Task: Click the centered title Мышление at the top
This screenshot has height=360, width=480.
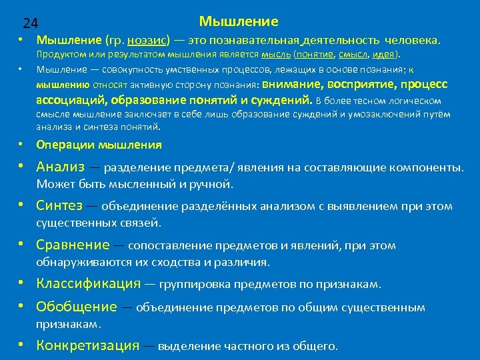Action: click(239, 21)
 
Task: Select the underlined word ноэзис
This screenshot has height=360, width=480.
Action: click(145, 41)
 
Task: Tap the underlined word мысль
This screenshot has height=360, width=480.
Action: click(275, 55)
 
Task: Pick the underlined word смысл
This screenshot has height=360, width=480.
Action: click(353, 55)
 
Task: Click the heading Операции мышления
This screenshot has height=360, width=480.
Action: click(99, 145)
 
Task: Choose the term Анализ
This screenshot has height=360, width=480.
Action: click(61, 166)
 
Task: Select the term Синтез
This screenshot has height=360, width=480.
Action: click(60, 206)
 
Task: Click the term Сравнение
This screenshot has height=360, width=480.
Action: click(73, 245)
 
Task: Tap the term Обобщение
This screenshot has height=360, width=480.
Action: click(77, 307)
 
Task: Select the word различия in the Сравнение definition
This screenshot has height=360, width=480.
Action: click(244, 262)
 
